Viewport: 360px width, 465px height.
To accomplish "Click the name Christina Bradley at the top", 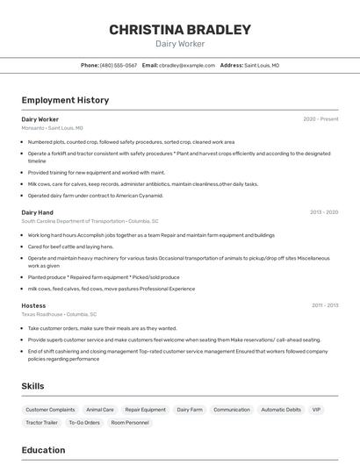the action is pyautogui.click(x=180, y=30).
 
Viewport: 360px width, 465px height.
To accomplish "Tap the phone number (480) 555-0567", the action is pyautogui.click(x=119, y=65).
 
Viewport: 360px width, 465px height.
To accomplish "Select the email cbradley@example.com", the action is pyautogui.click(x=187, y=65).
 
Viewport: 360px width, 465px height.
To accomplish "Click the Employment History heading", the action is pyautogui.click(x=65, y=100).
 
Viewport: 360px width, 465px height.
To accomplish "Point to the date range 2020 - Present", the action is pyautogui.click(x=320, y=119).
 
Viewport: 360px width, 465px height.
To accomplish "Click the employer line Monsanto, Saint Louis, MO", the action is pyautogui.click(x=52, y=128).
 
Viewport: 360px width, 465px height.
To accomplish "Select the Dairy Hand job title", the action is pyautogui.click(x=37, y=212).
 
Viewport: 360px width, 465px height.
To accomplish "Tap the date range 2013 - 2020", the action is pyautogui.click(x=324, y=212).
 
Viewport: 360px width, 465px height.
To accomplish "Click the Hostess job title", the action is pyautogui.click(x=33, y=305).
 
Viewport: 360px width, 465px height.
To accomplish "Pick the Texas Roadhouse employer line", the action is pyautogui.click(x=59, y=314).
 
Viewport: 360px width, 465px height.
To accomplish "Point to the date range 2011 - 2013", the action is pyautogui.click(x=325, y=305).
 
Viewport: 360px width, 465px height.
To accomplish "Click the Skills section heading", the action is pyautogui.click(x=32, y=386).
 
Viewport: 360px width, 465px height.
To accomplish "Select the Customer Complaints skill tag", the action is pyautogui.click(x=50, y=410).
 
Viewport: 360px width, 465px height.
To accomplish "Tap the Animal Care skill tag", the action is pyautogui.click(x=100, y=410).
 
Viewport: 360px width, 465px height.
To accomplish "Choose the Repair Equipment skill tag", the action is pyautogui.click(x=145, y=410).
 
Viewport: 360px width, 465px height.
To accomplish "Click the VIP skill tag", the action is pyautogui.click(x=316, y=410).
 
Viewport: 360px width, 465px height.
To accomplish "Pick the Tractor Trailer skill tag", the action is pyautogui.click(x=41, y=423).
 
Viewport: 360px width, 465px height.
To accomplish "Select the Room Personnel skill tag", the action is pyautogui.click(x=130, y=423).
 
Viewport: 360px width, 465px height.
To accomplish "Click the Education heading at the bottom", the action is pyautogui.click(x=43, y=450).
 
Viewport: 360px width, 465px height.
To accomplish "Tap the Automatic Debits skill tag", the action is pyautogui.click(x=281, y=410).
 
